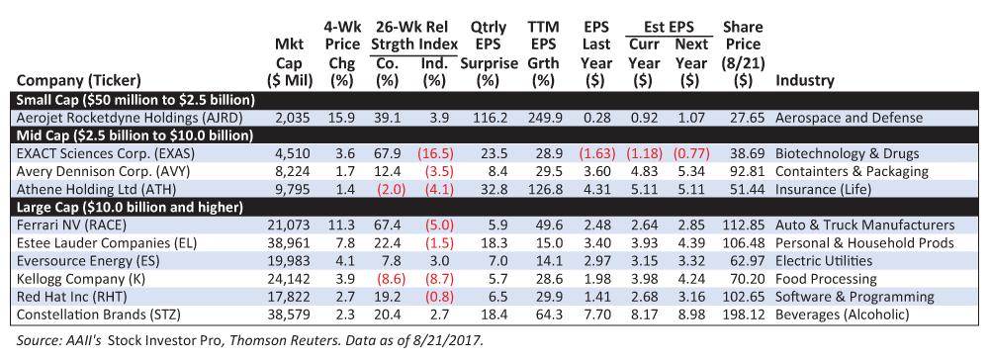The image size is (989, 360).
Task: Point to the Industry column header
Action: (x=804, y=81)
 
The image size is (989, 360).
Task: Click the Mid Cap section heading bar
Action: (x=494, y=135)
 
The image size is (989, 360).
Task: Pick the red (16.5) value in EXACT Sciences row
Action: (x=433, y=153)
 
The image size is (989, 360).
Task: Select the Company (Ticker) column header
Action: (x=79, y=81)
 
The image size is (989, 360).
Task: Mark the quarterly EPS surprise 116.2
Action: (x=489, y=118)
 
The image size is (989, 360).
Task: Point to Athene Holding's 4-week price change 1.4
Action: (x=341, y=189)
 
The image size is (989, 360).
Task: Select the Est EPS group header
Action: (x=669, y=27)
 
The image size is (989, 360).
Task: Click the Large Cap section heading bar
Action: (x=494, y=206)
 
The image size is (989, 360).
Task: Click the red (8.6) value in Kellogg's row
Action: (x=386, y=278)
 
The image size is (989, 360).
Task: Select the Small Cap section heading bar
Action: (x=494, y=100)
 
